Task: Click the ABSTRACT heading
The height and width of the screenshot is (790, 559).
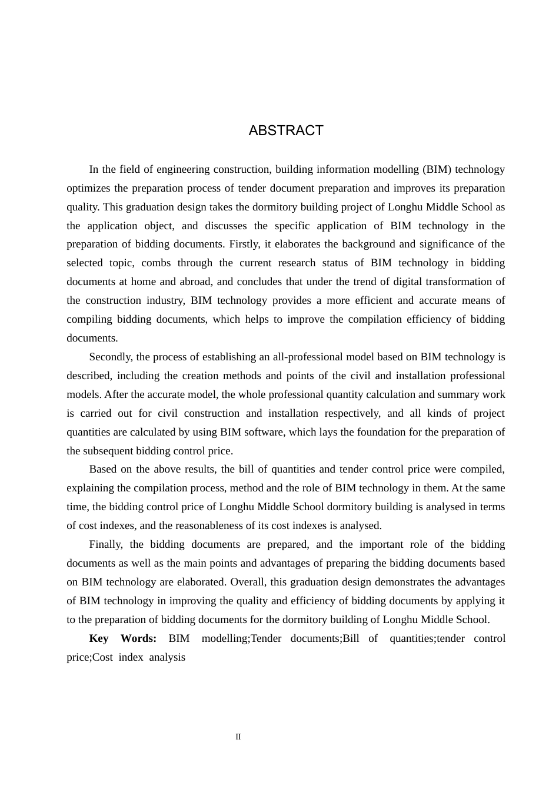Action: click(286, 130)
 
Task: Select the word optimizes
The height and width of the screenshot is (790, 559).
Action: click(89, 188)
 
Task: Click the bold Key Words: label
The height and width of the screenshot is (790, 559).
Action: click(122, 638)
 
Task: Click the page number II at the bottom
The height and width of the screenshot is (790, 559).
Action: click(238, 737)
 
